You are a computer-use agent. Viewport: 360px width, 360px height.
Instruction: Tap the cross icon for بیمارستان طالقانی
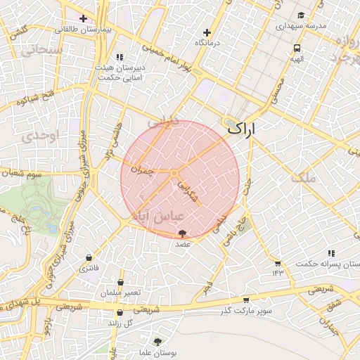click(x=83, y=18)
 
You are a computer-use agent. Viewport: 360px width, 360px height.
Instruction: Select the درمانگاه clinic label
click(x=206, y=44)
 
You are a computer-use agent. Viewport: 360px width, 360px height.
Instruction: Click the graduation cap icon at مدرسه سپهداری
click(x=301, y=15)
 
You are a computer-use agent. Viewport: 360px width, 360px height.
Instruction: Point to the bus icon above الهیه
click(x=297, y=49)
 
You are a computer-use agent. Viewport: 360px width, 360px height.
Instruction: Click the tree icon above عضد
click(x=183, y=233)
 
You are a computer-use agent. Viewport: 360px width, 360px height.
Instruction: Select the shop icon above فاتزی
click(x=89, y=258)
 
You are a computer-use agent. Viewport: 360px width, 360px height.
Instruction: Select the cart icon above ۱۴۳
click(x=278, y=263)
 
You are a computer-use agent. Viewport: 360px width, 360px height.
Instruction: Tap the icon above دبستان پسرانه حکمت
click(x=330, y=253)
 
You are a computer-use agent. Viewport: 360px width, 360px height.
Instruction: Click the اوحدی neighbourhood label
click(x=37, y=136)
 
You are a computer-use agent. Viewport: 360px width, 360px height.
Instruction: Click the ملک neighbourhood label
click(x=328, y=178)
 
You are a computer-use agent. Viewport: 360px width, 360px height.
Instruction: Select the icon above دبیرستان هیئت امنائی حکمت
click(x=120, y=57)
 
